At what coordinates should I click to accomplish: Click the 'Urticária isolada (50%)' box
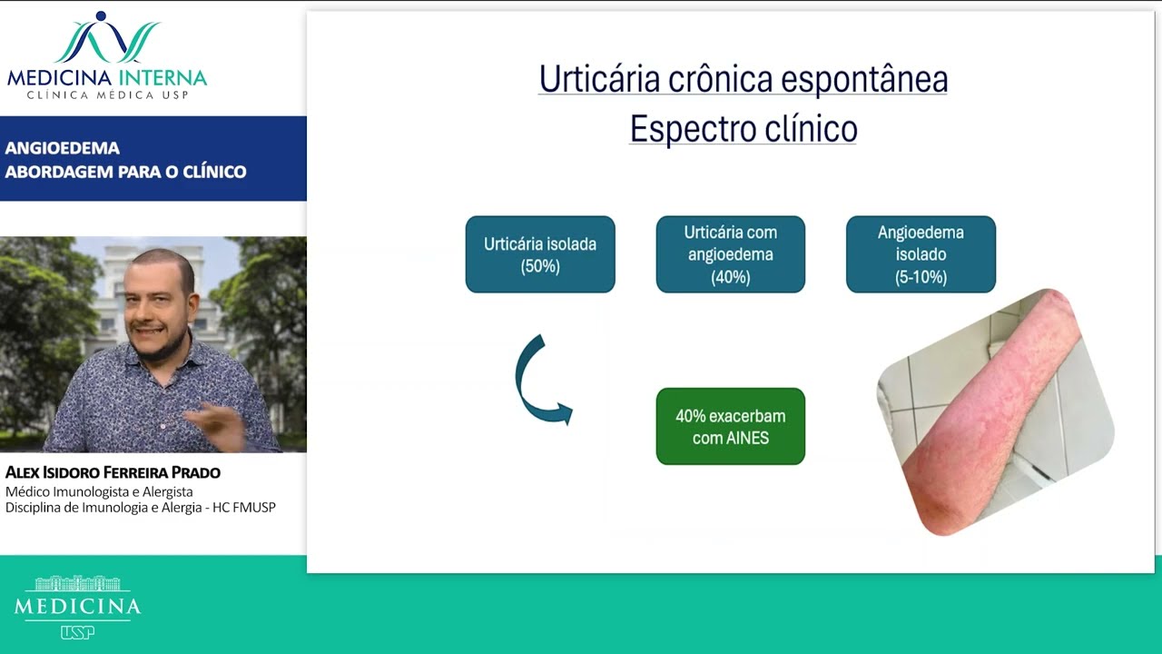[540, 254]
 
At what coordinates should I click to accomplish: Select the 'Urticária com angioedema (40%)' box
[730, 254]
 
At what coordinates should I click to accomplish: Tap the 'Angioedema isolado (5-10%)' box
[921, 254]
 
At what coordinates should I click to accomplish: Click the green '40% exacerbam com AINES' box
[730, 426]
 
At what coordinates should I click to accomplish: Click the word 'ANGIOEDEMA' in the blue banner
[63, 148]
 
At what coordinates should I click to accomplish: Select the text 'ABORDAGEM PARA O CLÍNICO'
[125, 172]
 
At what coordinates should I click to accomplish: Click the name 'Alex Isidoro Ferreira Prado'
[113, 472]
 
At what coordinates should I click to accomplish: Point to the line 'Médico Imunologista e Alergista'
[99, 491]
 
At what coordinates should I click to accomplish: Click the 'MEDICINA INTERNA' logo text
[107, 77]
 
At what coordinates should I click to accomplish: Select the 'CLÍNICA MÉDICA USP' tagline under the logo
[107, 95]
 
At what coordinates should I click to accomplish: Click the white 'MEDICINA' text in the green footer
[77, 606]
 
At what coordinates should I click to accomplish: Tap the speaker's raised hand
[215, 424]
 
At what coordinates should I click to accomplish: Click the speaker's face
[162, 306]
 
